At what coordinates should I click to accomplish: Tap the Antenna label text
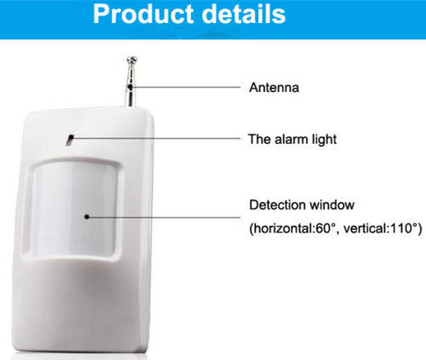click(x=273, y=87)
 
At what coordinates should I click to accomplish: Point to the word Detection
click(x=274, y=206)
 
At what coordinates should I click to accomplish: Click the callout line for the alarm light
click(x=153, y=138)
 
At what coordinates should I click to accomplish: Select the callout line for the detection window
click(x=162, y=217)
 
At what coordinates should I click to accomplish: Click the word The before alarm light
click(x=258, y=138)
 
